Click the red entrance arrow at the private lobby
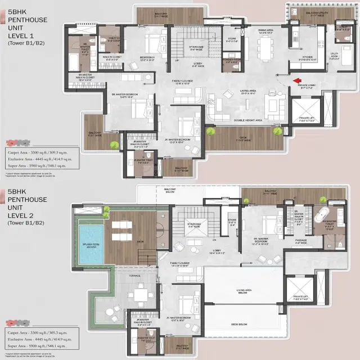point(296,81)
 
